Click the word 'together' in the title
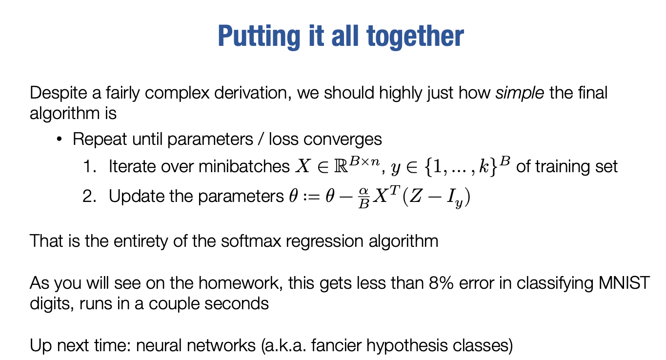coord(415,37)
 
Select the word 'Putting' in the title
coord(259,37)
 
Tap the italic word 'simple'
coord(520,93)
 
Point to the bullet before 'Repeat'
coord(59,139)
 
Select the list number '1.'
coord(89,166)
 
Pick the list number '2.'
coord(89,196)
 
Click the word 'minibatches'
coord(244,166)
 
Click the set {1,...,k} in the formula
coord(461,166)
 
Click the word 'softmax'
coord(251,241)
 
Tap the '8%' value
coord(441,283)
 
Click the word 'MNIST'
coord(624,283)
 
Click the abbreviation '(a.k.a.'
coord(283,345)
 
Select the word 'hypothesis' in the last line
coord(407,346)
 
